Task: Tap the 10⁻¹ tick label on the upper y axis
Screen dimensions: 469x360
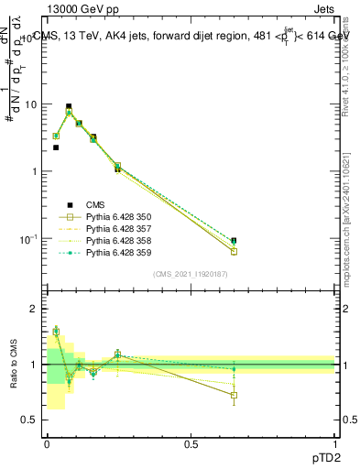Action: (x=30, y=239)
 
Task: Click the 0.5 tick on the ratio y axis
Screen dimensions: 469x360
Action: (x=33, y=420)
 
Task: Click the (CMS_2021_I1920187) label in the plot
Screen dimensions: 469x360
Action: (x=191, y=274)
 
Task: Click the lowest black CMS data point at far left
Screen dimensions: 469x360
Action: (x=56, y=147)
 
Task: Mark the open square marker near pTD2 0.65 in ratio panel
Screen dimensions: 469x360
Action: (x=234, y=396)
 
